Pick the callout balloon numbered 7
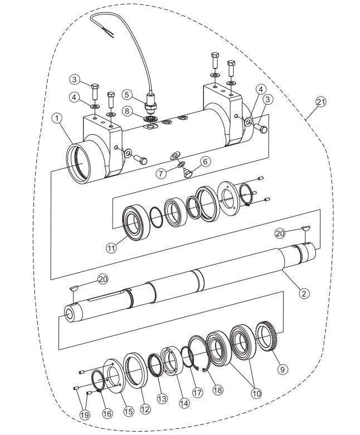click(x=161, y=173)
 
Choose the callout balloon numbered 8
click(x=127, y=111)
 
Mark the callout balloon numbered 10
click(x=256, y=393)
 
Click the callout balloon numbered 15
click(x=128, y=411)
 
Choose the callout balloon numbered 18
click(x=217, y=390)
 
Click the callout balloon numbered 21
click(x=320, y=102)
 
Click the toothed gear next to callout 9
click(x=266, y=340)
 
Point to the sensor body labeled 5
click(x=149, y=103)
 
